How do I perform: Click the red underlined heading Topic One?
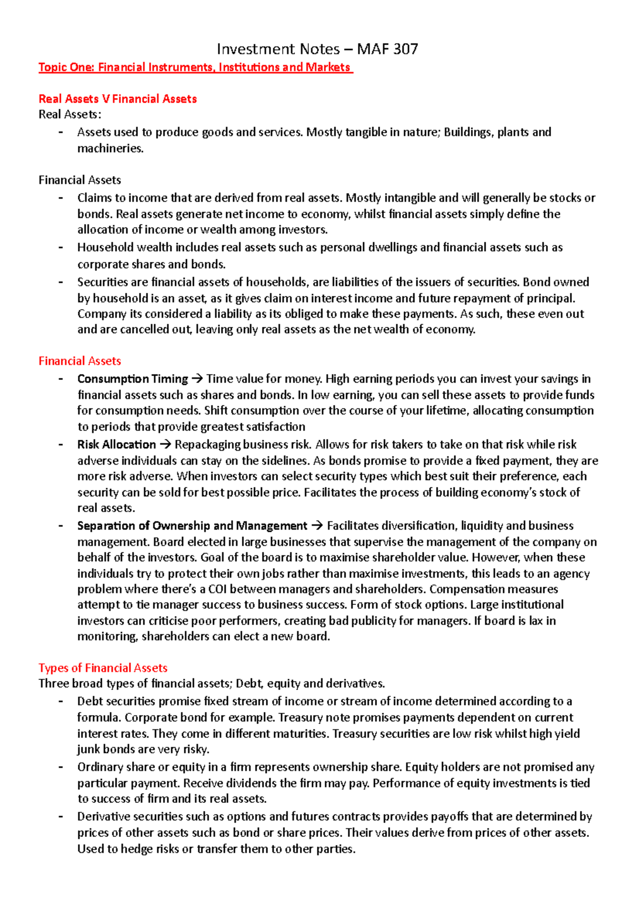tap(195, 67)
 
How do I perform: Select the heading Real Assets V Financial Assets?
tap(118, 98)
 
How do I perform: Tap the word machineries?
tap(110, 149)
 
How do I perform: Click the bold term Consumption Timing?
tap(133, 379)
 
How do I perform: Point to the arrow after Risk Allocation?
tap(166, 445)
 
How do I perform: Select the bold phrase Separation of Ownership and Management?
tap(192, 526)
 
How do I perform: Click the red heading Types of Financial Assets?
tap(103, 668)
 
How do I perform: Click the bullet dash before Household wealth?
tap(61, 248)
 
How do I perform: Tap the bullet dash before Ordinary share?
tap(61, 767)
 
